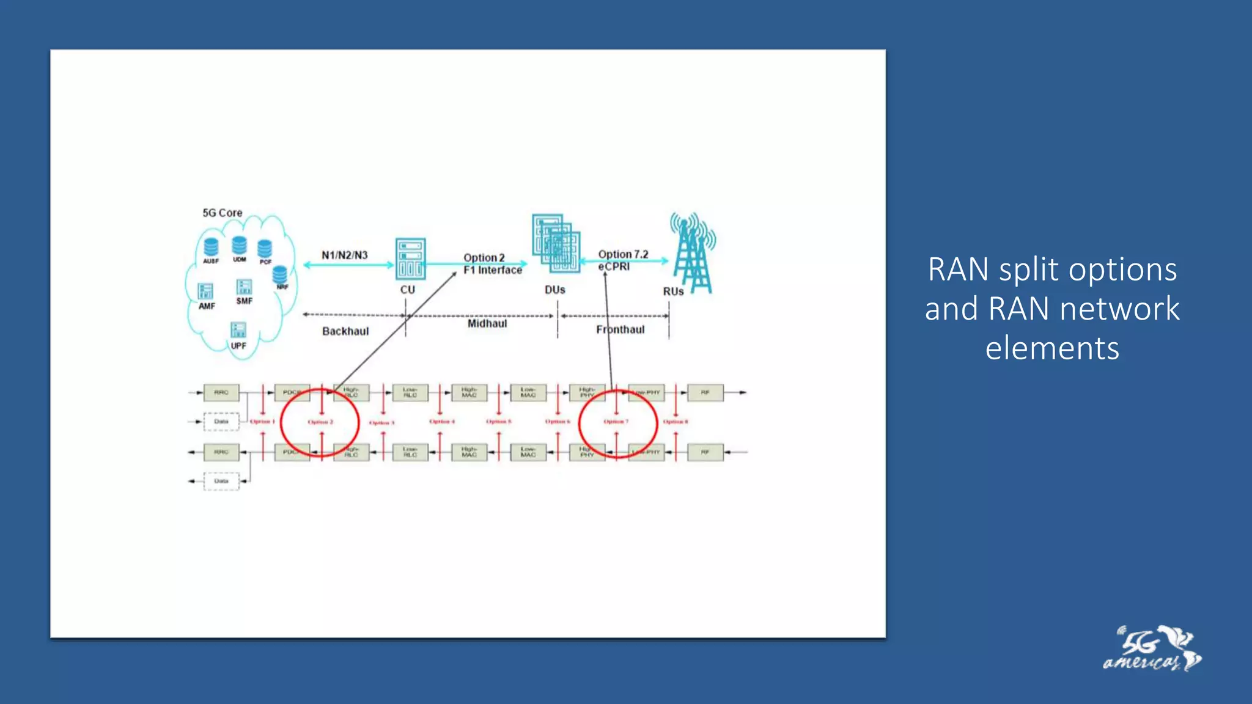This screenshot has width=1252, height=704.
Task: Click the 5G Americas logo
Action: click(1152, 650)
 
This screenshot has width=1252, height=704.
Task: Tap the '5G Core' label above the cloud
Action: click(222, 213)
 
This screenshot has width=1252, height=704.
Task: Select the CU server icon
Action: click(410, 258)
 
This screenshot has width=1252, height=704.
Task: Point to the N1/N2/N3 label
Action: click(344, 255)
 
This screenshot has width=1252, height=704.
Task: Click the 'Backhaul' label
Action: click(345, 331)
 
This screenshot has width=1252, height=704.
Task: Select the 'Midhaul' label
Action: click(487, 323)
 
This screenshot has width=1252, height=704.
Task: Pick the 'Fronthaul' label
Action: click(620, 329)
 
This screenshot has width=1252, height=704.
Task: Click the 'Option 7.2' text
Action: click(623, 254)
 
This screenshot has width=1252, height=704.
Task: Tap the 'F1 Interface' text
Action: click(493, 270)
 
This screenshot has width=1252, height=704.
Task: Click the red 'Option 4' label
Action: click(442, 422)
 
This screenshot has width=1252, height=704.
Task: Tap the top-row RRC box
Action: click(221, 392)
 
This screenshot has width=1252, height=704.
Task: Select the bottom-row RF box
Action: click(705, 452)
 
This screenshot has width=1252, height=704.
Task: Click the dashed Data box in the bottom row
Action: click(221, 481)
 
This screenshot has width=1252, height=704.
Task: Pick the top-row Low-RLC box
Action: click(410, 392)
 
